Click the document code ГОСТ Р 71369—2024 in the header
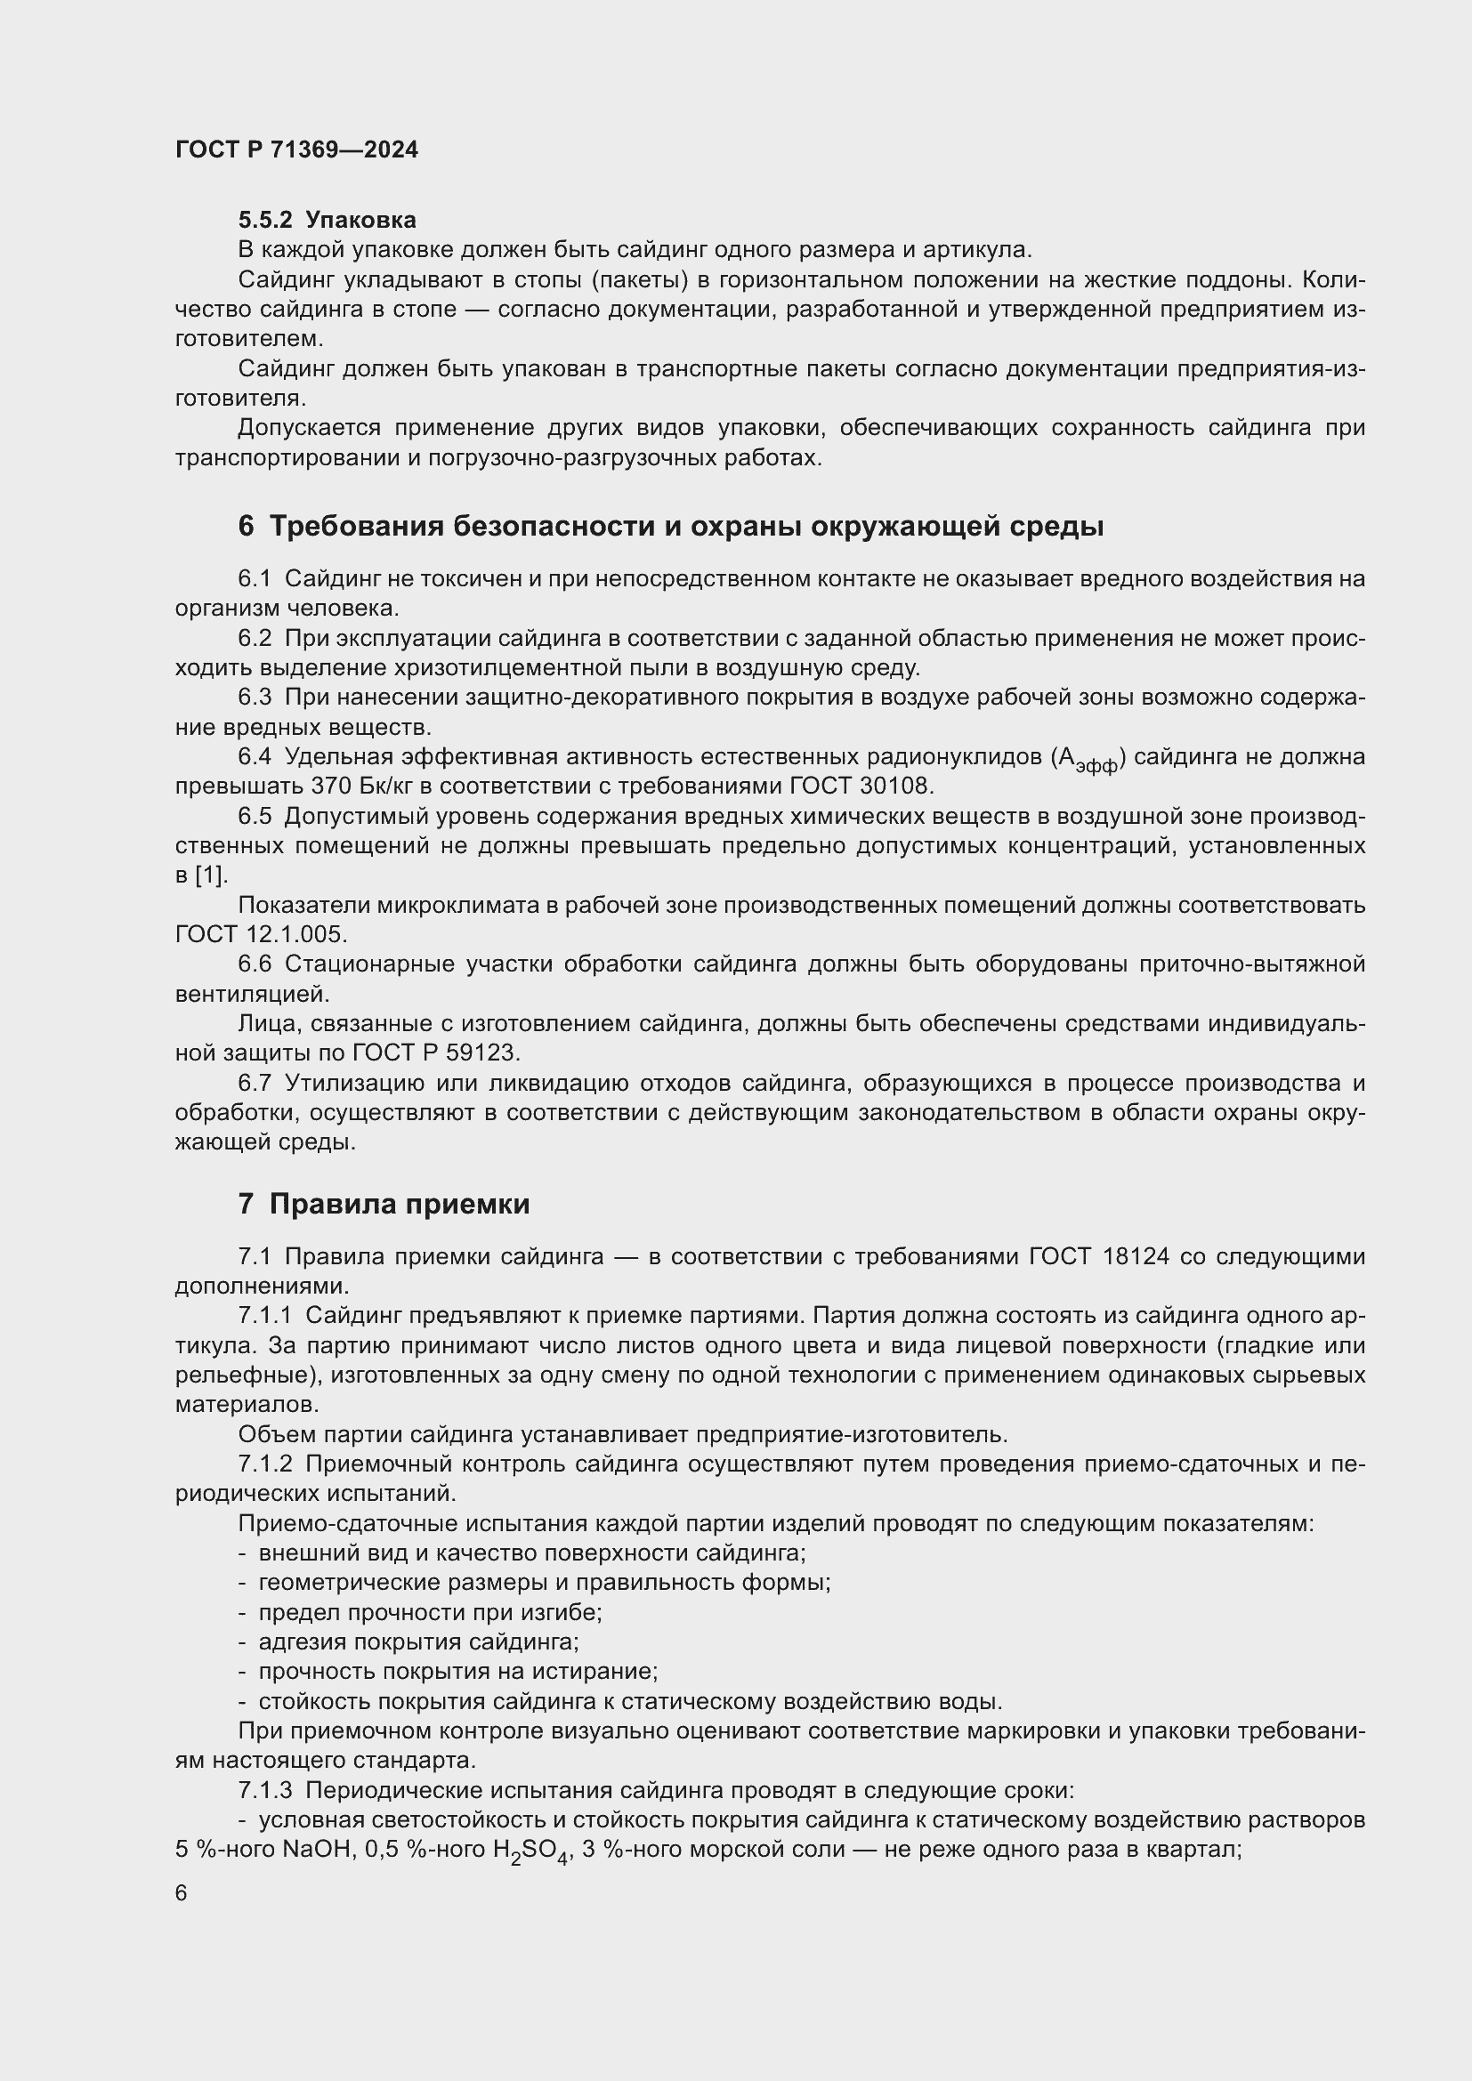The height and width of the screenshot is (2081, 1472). (x=296, y=149)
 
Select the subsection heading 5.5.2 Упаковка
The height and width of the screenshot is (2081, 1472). (x=328, y=220)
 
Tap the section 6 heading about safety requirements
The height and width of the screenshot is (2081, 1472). (x=671, y=526)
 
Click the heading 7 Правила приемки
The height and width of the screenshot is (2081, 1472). (x=384, y=1204)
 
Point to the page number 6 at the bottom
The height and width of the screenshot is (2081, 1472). (x=182, y=1892)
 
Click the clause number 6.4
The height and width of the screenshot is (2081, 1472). (x=255, y=757)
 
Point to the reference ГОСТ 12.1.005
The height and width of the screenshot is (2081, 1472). (x=261, y=933)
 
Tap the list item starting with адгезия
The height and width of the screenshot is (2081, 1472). (x=418, y=1641)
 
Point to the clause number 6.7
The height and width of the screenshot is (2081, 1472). (x=255, y=1083)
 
